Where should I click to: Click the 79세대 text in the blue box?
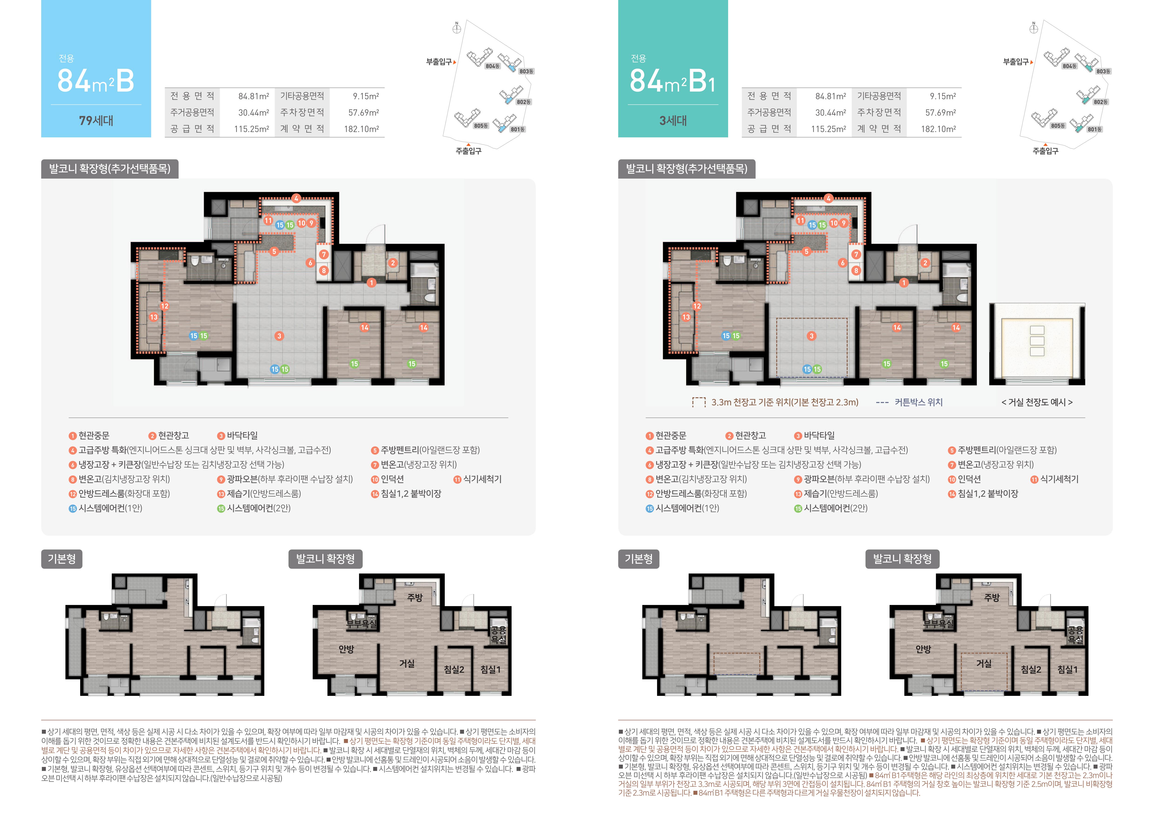click(x=96, y=120)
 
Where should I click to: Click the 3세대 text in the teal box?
click(x=673, y=120)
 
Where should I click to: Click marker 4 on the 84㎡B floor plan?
click(x=297, y=198)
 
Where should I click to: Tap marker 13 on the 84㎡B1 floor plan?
click(x=686, y=317)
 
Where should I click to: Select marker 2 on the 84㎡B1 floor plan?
click(x=925, y=263)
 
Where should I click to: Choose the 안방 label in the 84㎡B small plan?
click(x=346, y=649)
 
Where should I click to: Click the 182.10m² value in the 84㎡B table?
click(x=361, y=129)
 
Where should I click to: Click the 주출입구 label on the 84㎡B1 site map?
click(x=1045, y=151)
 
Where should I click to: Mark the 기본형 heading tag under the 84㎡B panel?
click(x=61, y=559)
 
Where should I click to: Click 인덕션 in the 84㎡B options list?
click(x=392, y=479)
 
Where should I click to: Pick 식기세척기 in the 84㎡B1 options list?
click(x=1059, y=479)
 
